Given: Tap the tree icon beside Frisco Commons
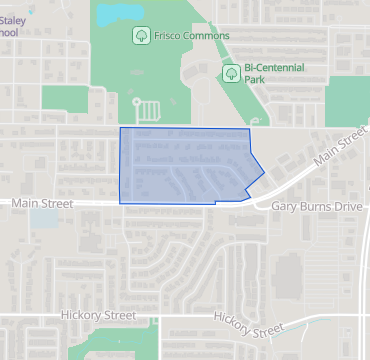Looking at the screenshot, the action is pos(141,36).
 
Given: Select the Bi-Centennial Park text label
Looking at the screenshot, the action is pos(277,70).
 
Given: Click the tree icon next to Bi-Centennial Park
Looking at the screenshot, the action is pos(231,72).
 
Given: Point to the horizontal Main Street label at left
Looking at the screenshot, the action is pos(42,203).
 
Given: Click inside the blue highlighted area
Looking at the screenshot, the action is pos(180,165).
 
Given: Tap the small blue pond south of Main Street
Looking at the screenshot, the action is pos(43,218).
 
